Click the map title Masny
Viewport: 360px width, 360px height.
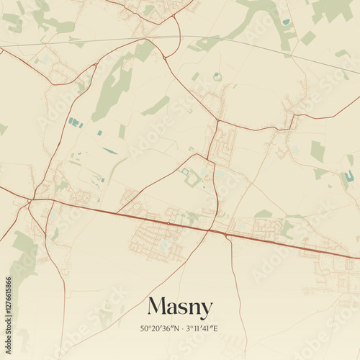click(x=180, y=307)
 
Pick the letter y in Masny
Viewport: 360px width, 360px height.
click(x=207, y=310)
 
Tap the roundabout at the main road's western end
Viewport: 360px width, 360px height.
click(x=31, y=199)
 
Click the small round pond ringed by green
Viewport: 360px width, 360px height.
click(x=217, y=76)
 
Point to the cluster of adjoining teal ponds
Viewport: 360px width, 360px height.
click(x=76, y=122)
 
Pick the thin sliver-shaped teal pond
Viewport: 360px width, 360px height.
click(x=109, y=150)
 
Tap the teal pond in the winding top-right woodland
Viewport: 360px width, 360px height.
click(x=287, y=22)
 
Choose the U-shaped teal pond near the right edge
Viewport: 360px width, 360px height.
click(x=349, y=176)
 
